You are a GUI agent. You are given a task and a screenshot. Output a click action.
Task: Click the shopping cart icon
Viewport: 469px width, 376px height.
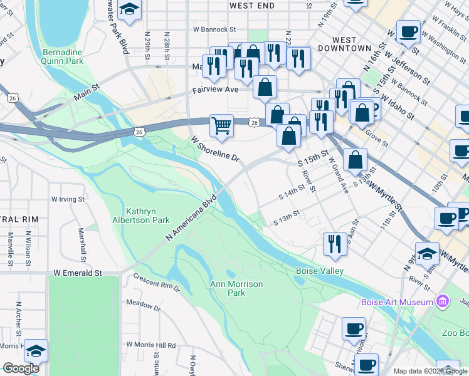coord(221,126)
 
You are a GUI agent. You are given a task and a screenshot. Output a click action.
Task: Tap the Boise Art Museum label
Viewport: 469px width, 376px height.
coord(397,303)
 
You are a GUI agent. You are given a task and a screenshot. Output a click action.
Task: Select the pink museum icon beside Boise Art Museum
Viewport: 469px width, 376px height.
coord(444,302)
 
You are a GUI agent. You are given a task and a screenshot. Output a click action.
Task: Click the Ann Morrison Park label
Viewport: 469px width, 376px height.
coord(236,288)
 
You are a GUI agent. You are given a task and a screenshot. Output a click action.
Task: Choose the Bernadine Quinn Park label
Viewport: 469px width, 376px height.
coord(63,56)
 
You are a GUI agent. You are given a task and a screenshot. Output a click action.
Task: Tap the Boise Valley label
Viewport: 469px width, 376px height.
coord(319,271)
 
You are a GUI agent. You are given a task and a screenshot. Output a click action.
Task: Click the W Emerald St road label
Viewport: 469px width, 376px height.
coord(78,273)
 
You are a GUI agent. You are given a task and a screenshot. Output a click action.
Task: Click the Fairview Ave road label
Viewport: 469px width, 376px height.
coord(216,90)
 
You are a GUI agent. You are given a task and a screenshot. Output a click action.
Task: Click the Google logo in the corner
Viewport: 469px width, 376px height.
coord(21,368)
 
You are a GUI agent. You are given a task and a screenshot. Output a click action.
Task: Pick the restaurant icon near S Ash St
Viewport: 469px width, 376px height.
coord(335,244)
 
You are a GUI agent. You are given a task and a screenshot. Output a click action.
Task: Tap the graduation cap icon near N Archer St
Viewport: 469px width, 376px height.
coord(36,350)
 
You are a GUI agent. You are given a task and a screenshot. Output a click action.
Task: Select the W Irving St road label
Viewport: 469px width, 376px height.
coord(67,199)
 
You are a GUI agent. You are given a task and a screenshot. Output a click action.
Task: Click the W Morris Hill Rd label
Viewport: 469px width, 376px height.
coord(151,345)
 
